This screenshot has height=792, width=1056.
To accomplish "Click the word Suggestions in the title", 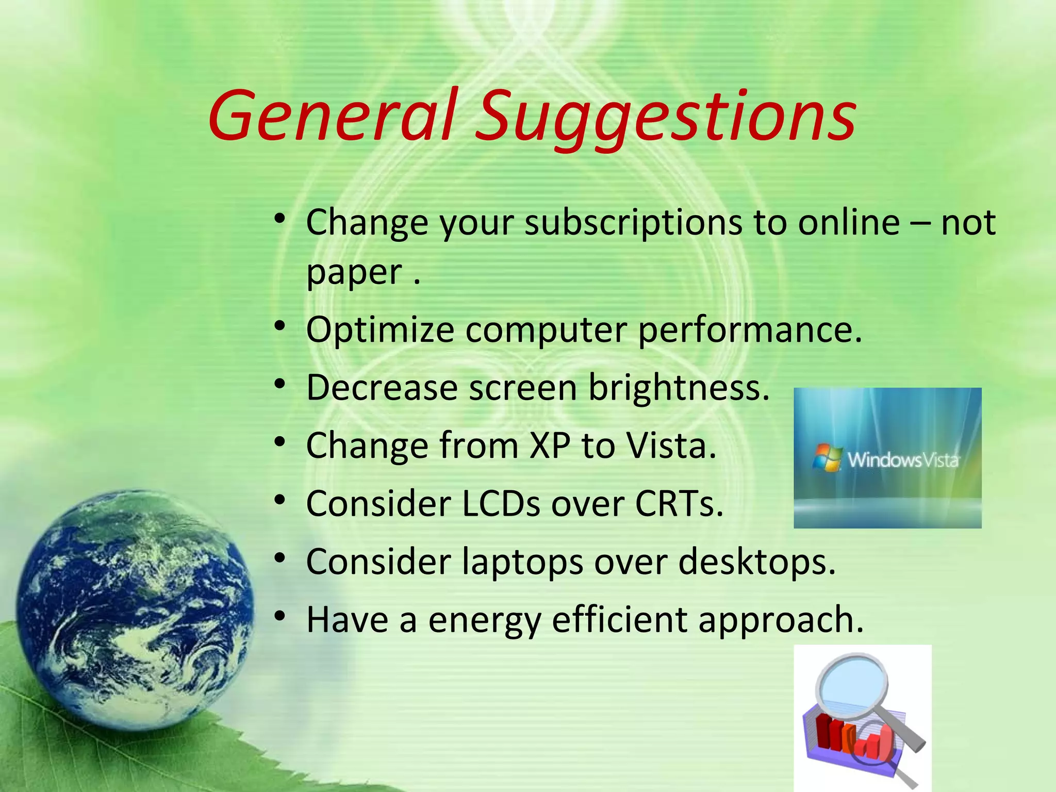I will click(x=665, y=119).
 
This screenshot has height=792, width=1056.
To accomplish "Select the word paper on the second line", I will click(x=354, y=273).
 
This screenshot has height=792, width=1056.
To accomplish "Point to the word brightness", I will click(x=679, y=388).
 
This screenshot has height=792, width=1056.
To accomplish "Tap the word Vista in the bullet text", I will click(x=670, y=446).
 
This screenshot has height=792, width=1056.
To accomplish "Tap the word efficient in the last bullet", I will click(x=619, y=620).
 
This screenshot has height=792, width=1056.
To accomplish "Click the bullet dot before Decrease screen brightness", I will click(x=279, y=385).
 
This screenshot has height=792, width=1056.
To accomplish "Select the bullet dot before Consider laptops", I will click(x=279, y=558).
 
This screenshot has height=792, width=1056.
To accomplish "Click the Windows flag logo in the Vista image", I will click(x=827, y=458).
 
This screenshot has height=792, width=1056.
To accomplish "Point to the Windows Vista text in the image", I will click(x=903, y=459).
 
